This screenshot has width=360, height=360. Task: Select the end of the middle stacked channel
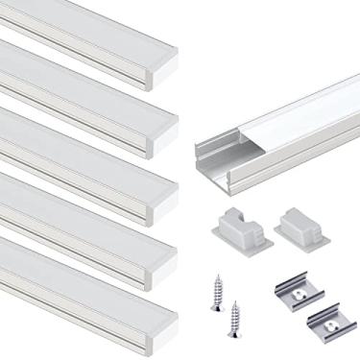coord(171,195)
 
